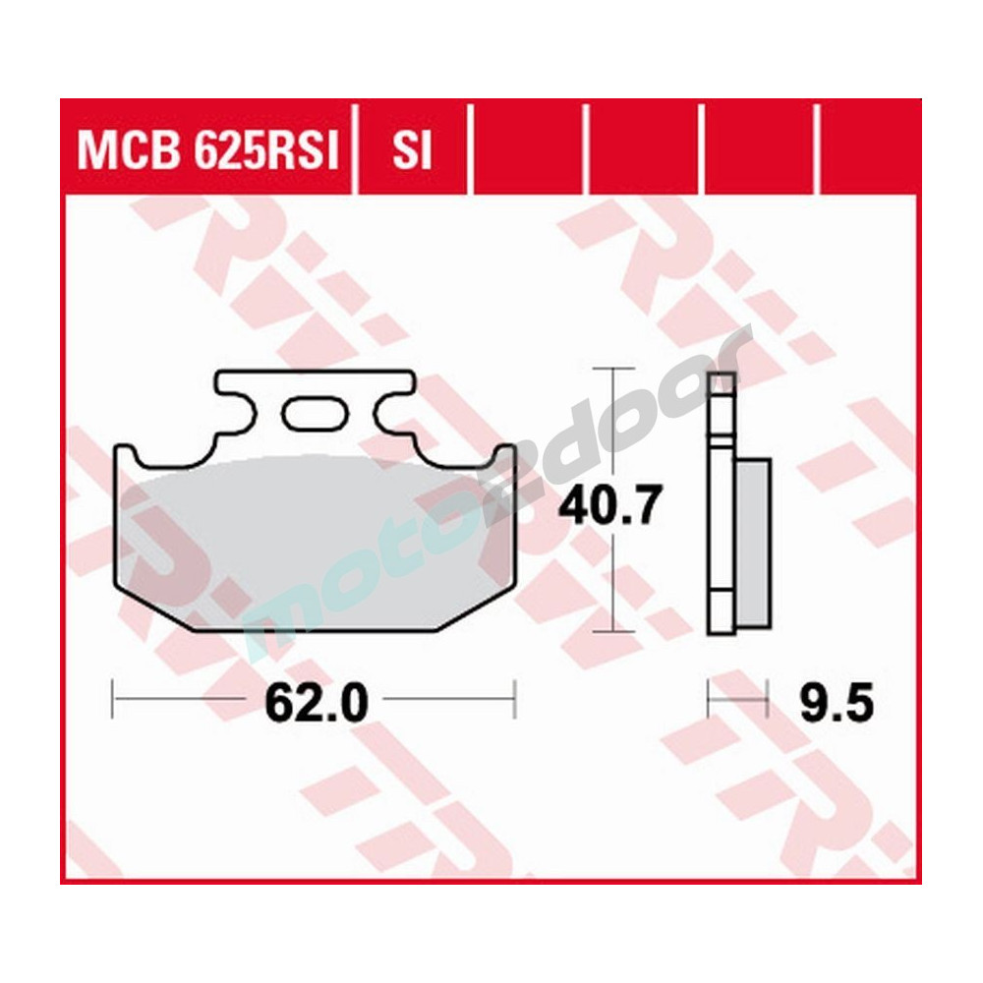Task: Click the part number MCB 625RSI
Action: pos(207,152)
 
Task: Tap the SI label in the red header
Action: pos(412,152)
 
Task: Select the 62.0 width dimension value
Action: pos(316,703)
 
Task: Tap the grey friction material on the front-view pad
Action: pos(315,541)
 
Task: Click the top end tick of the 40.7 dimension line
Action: pos(613,370)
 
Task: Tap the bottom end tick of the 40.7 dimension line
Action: pos(613,630)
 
